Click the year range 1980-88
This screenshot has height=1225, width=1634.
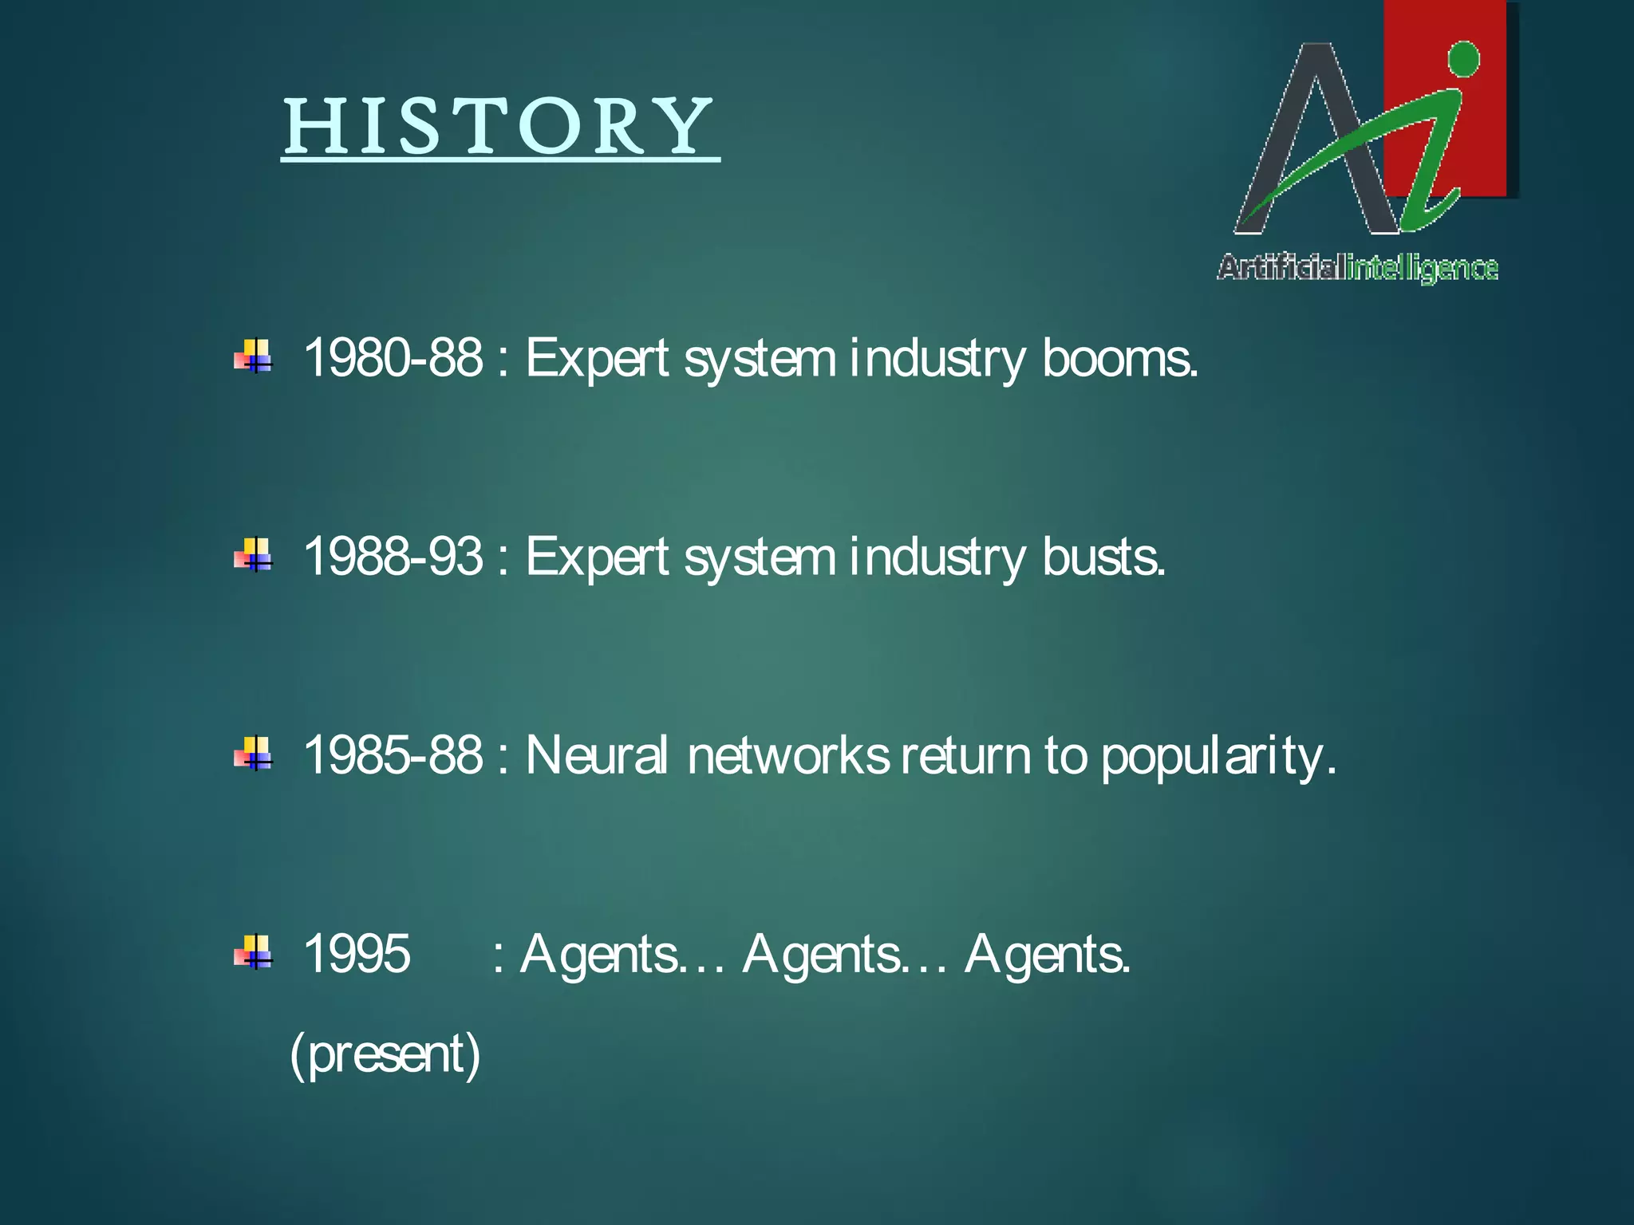(x=393, y=357)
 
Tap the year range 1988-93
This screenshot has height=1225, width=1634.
(x=393, y=556)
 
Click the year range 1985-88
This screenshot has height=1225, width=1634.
(x=393, y=754)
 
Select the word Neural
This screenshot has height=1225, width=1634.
(x=596, y=754)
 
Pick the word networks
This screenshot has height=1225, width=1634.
(x=787, y=754)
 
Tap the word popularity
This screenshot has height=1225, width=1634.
(x=1218, y=758)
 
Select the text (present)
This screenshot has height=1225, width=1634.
(x=385, y=1054)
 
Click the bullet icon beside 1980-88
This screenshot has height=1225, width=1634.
(x=254, y=356)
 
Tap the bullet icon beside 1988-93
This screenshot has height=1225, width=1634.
(x=254, y=555)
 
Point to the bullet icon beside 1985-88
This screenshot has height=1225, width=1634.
(x=254, y=754)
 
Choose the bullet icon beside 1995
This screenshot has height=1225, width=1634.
(x=254, y=952)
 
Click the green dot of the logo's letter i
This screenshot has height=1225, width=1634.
(x=1462, y=60)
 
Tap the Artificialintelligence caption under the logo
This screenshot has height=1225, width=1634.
(x=1357, y=268)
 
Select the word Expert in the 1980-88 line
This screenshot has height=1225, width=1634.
(x=596, y=359)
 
